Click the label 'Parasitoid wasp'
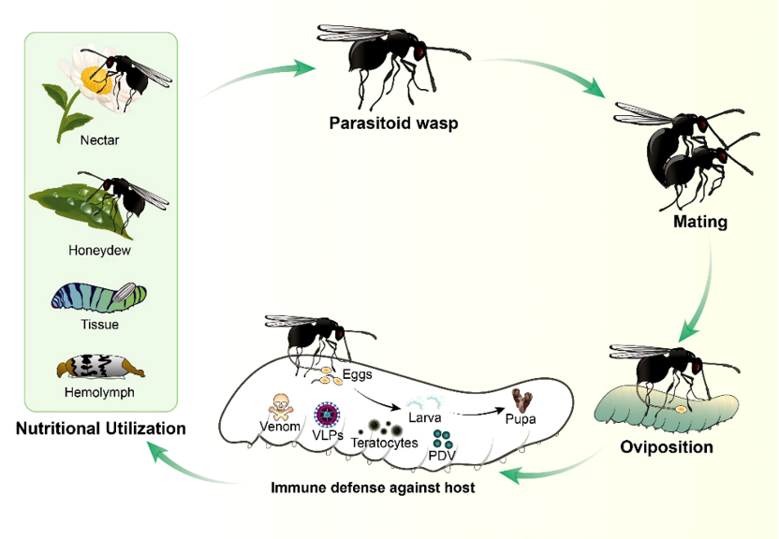click(x=393, y=124)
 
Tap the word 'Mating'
click(x=699, y=223)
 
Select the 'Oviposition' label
click(x=667, y=446)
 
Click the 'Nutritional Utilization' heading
click(x=100, y=430)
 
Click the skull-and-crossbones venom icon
click(x=280, y=403)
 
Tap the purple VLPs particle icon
click(x=327, y=413)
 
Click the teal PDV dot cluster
click(x=443, y=436)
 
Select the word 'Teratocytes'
click(x=384, y=443)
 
